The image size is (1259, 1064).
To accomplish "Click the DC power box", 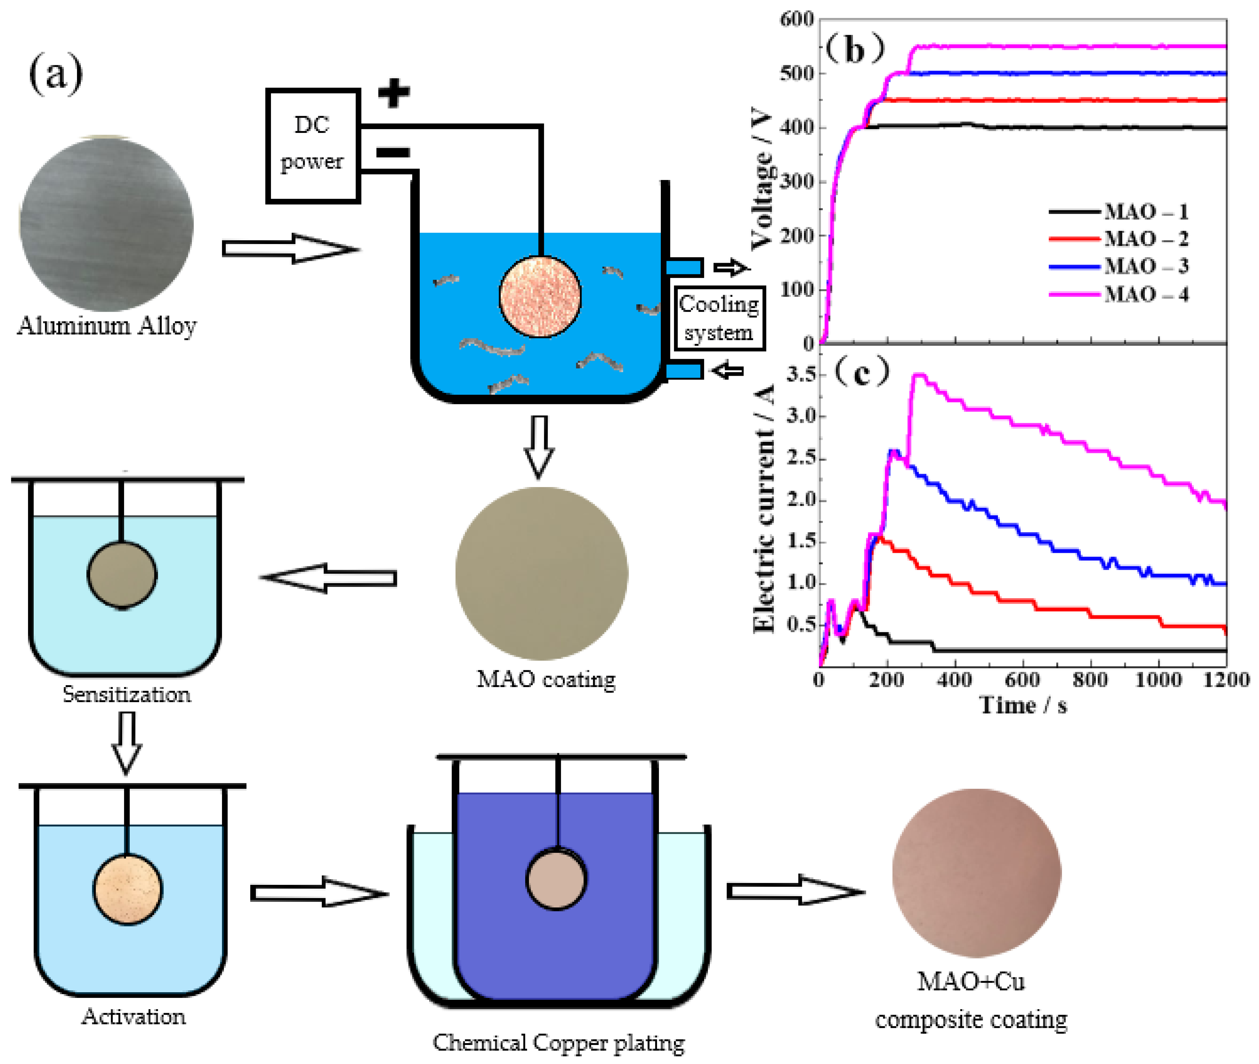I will click(312, 145).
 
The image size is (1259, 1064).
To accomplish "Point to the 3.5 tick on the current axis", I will click(801, 374).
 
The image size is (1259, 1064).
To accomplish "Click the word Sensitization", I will click(127, 694).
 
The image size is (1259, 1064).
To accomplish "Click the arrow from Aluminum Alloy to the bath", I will click(289, 248).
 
